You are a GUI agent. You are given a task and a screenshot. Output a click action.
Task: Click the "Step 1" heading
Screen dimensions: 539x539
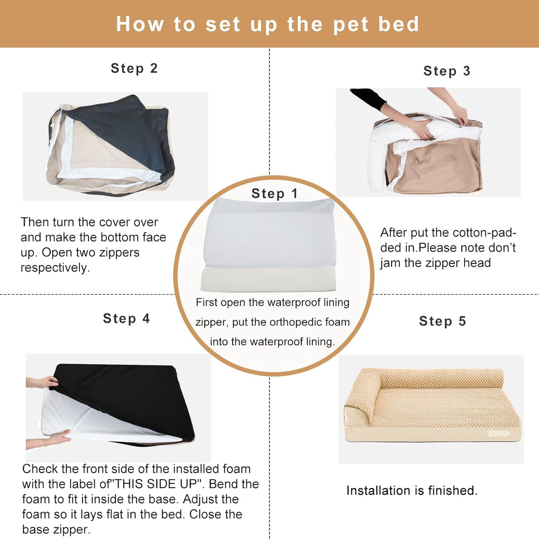coord(274,194)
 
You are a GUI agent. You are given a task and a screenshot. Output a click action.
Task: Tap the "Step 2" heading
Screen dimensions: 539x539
coord(134,68)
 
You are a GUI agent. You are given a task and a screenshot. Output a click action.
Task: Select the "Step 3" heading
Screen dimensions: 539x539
coord(447,71)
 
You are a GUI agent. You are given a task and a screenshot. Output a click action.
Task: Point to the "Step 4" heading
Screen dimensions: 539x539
coord(127,318)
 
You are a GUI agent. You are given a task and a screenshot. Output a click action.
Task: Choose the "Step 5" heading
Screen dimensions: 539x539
coord(442,321)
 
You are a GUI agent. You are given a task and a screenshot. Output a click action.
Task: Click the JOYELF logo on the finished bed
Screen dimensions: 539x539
coord(499,433)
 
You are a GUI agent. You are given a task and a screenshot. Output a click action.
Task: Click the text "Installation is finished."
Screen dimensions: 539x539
coord(412,491)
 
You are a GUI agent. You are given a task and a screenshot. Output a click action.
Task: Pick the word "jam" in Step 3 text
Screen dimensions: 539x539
coord(390,263)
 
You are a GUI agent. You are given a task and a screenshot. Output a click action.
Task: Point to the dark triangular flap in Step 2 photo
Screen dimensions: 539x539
coord(120,129)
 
